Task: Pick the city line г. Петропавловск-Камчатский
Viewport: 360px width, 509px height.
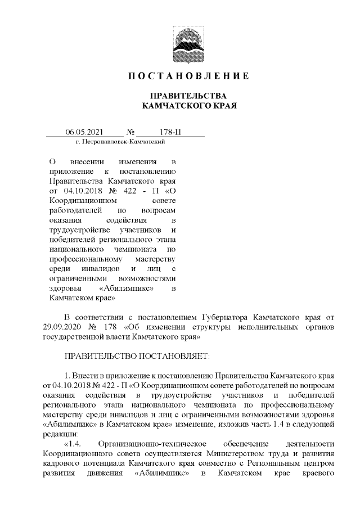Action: (119, 143)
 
